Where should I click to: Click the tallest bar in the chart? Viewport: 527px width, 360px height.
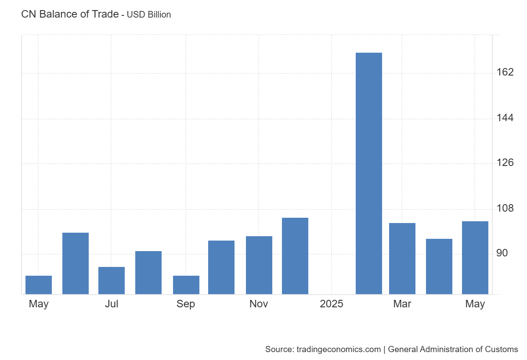(x=368, y=173)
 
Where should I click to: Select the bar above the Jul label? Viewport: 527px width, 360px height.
(x=112, y=281)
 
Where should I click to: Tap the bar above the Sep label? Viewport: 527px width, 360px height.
(x=186, y=285)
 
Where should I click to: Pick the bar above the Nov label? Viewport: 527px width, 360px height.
(x=259, y=265)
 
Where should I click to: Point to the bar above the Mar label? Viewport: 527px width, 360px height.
(x=402, y=259)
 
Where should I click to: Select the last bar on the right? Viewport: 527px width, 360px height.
(x=475, y=258)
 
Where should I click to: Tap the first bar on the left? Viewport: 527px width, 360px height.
(x=39, y=285)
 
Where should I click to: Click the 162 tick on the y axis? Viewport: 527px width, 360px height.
(x=505, y=72)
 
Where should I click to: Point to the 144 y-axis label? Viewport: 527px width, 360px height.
(x=505, y=118)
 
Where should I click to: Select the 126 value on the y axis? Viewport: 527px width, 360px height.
(x=505, y=163)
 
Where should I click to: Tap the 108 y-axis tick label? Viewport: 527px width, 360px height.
(x=505, y=208)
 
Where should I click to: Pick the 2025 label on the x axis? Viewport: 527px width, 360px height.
(x=332, y=304)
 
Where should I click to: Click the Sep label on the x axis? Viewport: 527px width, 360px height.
(x=186, y=304)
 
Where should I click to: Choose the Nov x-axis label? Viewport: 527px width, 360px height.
(x=259, y=304)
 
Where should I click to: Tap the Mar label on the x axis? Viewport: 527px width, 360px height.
(x=402, y=304)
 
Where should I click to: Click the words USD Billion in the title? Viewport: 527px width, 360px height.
(x=149, y=14)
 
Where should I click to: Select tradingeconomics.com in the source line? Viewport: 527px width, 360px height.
(x=339, y=349)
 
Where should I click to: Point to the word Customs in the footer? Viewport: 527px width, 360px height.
(x=501, y=349)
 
